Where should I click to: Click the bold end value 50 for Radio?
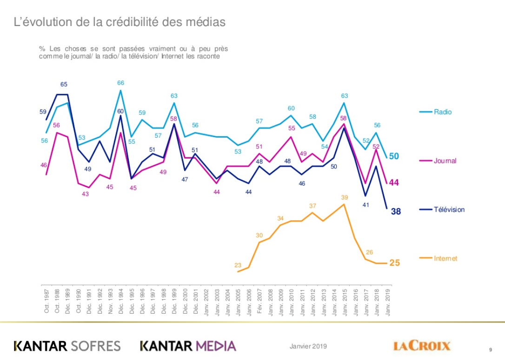tap(394, 156)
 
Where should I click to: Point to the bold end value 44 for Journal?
tap(394, 183)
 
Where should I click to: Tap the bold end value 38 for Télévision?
tap(395, 212)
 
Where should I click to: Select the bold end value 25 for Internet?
tap(395, 263)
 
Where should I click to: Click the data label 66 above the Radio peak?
tap(121, 83)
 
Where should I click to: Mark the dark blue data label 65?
tap(64, 85)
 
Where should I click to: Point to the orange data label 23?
tap(238, 265)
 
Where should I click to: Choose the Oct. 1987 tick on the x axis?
tap(47, 300)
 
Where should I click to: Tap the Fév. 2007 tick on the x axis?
tap(259, 300)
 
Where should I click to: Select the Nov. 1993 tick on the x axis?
tap(110, 300)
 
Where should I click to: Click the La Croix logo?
tap(422, 346)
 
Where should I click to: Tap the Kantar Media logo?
tap(188, 346)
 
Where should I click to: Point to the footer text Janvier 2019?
tap(308, 346)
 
